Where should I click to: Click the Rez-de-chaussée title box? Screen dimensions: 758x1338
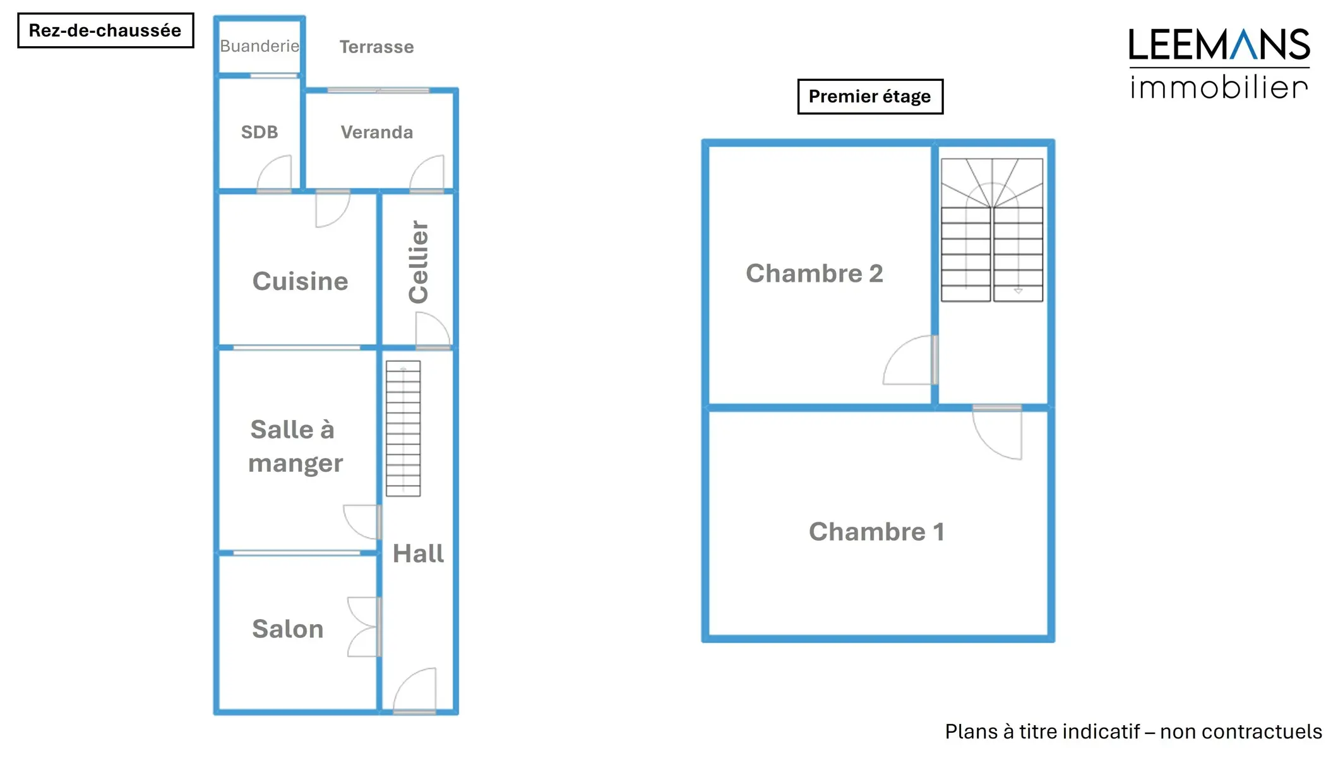tap(105, 30)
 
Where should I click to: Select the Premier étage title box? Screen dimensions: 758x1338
tap(869, 97)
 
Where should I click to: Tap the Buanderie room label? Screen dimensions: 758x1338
tap(260, 46)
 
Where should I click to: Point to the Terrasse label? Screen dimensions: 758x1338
tap(376, 47)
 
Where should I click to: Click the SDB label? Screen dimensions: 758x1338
tap(260, 132)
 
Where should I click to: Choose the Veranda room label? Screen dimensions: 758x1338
tap(377, 132)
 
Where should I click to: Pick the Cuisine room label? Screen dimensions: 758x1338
tap(300, 281)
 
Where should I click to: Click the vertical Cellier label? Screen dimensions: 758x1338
tap(418, 262)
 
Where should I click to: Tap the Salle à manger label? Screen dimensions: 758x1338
tap(294, 446)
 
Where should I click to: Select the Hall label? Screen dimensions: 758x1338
tap(418, 553)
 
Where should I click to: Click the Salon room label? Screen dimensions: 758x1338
tap(288, 629)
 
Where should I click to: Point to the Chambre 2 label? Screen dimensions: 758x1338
tap(814, 274)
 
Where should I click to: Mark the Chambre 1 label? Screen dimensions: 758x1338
tap(876, 532)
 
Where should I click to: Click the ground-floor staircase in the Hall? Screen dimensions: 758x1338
tap(403, 428)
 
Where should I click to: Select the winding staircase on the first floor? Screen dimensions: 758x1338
tap(991, 230)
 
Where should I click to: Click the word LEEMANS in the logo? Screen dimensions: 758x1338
tap(1219, 45)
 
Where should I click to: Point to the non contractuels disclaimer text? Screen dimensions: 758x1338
tap(1133, 731)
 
